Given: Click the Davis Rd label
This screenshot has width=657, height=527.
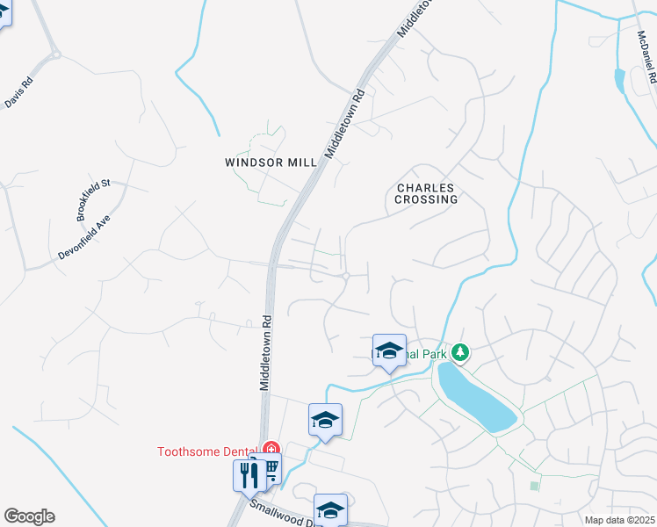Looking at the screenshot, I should click(x=18, y=94).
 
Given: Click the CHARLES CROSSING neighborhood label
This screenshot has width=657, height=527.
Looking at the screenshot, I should click(x=427, y=193).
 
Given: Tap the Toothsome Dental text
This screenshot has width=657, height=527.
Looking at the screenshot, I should click(x=208, y=452).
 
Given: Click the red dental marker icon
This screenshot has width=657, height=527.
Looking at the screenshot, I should click(x=271, y=450).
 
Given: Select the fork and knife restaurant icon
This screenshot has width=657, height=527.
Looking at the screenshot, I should click(x=249, y=475).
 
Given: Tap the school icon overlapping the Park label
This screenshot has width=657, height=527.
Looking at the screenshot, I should click(x=389, y=351).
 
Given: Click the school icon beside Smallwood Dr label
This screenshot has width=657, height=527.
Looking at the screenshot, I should click(x=330, y=509).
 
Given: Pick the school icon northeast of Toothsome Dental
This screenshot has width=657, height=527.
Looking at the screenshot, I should click(x=325, y=420).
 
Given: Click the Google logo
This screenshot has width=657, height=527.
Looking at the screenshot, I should click(x=29, y=516).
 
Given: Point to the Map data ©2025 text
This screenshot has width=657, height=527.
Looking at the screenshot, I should click(x=618, y=520).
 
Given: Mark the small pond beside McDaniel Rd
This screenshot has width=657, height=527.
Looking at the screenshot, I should click(x=620, y=81).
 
